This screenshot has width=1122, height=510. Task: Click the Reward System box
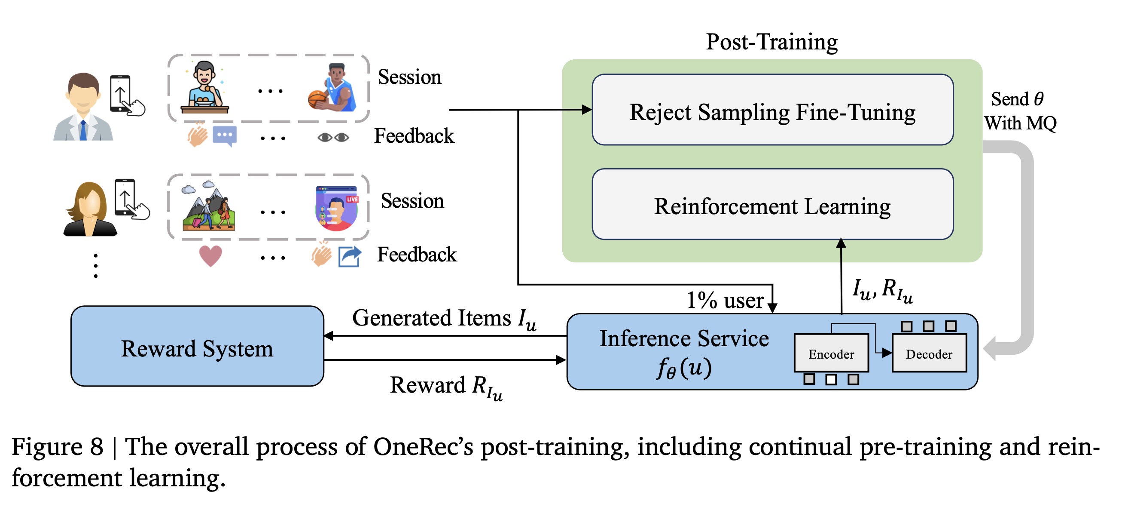[197, 347]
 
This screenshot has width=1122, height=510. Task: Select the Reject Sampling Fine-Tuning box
[772, 110]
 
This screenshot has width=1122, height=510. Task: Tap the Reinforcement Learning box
[772, 204]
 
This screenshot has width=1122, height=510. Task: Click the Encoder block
[831, 353]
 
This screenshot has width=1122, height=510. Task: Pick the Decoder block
[929, 353]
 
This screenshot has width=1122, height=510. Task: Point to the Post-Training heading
[771, 42]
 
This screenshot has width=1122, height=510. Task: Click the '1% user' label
[725, 300]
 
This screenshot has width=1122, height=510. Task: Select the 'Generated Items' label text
[431, 318]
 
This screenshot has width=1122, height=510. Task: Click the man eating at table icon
[204, 88]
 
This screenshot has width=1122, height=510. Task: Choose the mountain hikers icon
[209, 206]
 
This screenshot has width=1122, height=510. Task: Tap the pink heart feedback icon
[210, 255]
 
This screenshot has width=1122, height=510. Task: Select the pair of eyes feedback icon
[333, 138]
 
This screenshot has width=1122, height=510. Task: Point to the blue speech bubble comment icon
[225, 135]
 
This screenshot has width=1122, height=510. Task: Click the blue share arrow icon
[350, 256]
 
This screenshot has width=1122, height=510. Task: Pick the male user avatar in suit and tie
[83, 107]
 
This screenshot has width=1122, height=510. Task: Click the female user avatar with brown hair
[90, 210]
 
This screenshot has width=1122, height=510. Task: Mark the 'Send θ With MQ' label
[1019, 111]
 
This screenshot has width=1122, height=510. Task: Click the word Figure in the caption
[47, 447]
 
